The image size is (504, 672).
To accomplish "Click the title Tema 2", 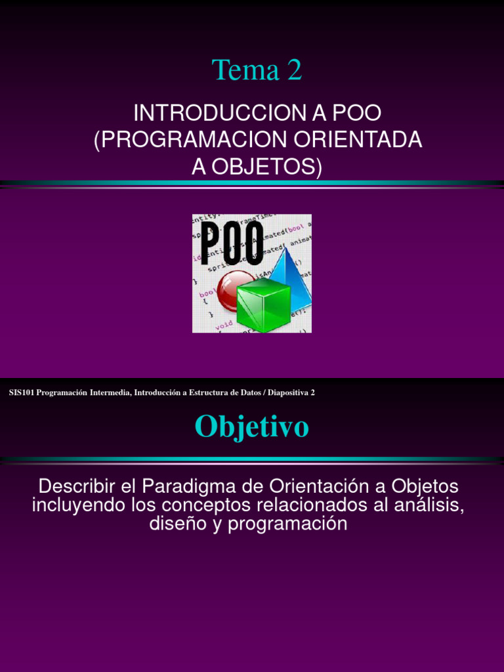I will point(257,70).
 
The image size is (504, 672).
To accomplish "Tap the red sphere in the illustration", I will point(236,289).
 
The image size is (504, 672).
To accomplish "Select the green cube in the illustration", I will point(263,304).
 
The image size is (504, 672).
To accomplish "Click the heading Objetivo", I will point(251,428).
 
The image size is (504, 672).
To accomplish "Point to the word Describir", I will point(79,487).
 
